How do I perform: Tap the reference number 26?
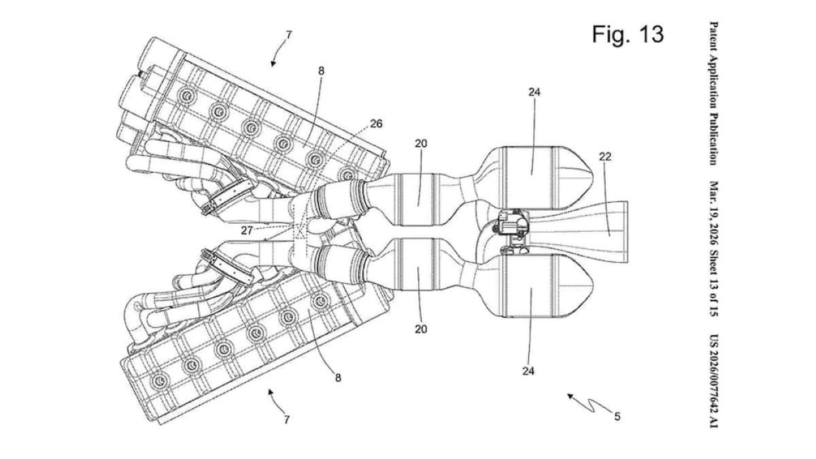[376, 124]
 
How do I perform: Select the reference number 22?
[605, 156]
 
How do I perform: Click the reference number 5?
[617, 417]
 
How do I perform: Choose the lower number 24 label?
[528, 371]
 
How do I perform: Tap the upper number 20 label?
[422, 143]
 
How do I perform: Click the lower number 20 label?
[421, 329]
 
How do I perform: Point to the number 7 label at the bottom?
[287, 420]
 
